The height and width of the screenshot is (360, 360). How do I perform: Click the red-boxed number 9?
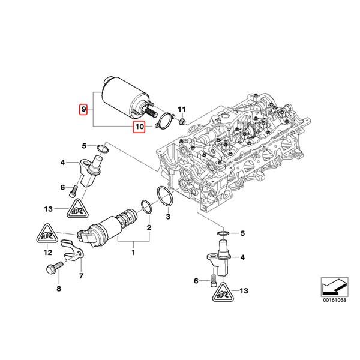[x=85, y=109]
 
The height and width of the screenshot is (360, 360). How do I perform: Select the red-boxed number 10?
[x=139, y=127]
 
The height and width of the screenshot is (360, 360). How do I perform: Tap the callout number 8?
[x=59, y=290]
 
